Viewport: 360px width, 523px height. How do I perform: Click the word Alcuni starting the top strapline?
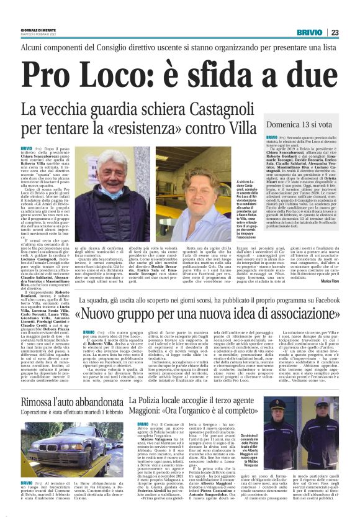(36, 47)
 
